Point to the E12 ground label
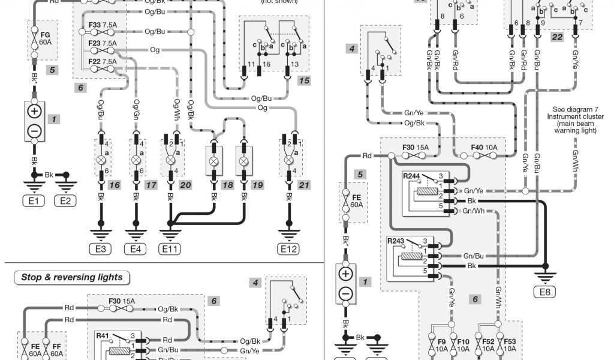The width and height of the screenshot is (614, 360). tap(288, 249)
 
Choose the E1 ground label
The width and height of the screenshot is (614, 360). tap(34, 201)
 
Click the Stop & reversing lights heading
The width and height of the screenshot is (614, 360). tap(71, 277)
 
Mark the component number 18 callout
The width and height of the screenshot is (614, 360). tap(227, 185)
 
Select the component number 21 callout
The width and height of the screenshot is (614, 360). tap(304, 185)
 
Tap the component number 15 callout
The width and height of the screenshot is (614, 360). tap(304, 80)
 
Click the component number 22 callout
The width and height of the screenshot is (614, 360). tap(557, 37)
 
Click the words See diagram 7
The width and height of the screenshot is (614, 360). tap(574, 110)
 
